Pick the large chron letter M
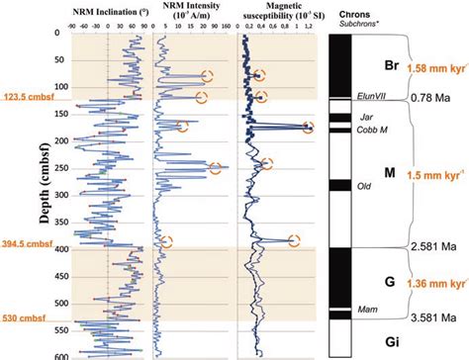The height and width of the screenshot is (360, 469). click(x=390, y=172)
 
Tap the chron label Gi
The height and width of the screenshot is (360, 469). click(x=391, y=340)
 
